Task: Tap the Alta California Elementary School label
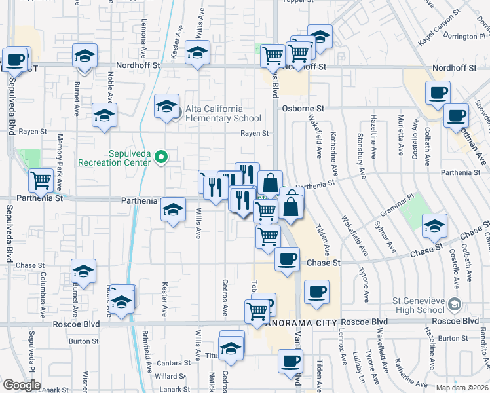pyautogui.click(x=218, y=113)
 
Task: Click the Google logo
pyautogui.click(x=22, y=385)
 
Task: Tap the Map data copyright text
pyautogui.click(x=462, y=388)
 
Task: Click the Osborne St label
pyautogui.click(x=303, y=109)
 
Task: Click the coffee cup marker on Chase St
pyautogui.click(x=286, y=259)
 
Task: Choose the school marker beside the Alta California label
pyautogui.click(x=166, y=105)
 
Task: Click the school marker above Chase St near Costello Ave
pyautogui.click(x=434, y=225)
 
